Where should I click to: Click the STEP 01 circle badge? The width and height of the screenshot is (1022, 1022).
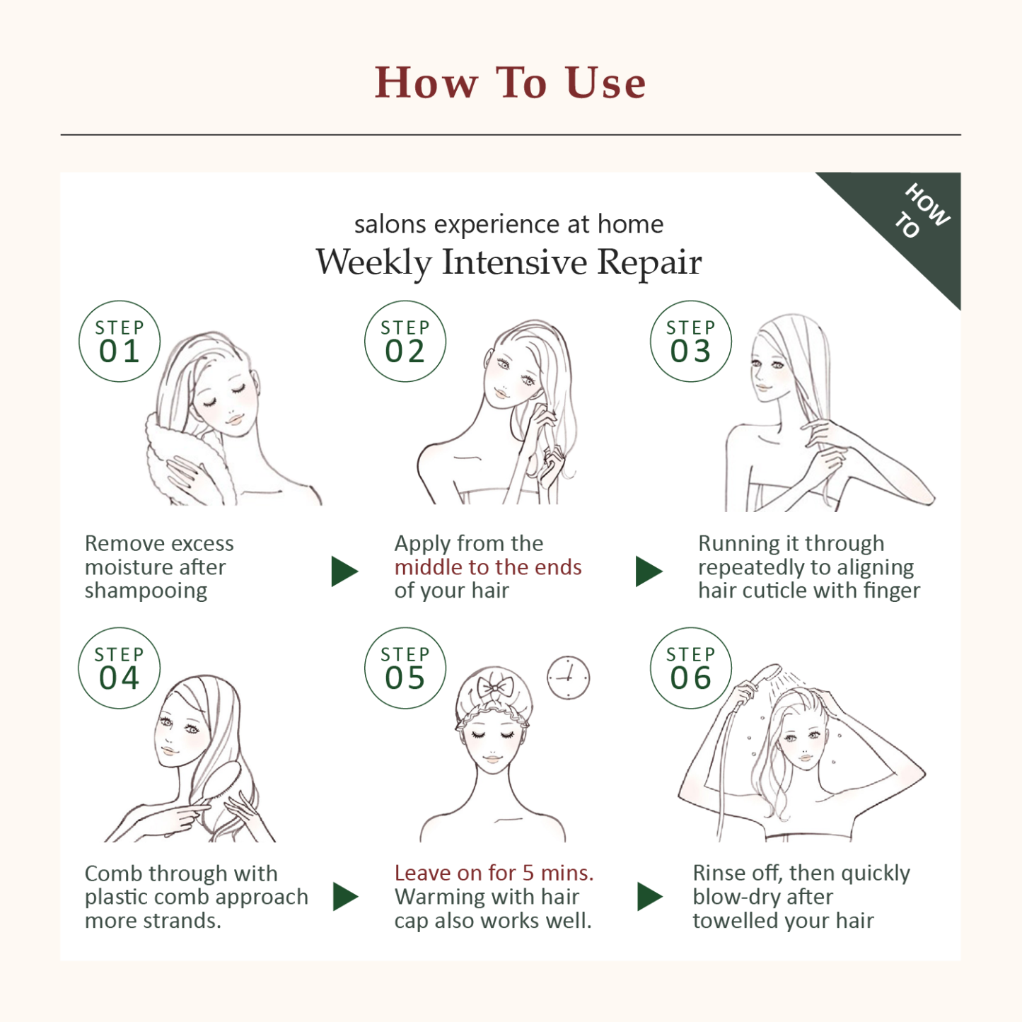[120, 341]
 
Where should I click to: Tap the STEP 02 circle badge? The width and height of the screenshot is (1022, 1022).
[405, 341]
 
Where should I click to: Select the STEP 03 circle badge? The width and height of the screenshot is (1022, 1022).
[690, 341]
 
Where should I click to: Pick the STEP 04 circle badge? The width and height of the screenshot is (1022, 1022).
[120, 668]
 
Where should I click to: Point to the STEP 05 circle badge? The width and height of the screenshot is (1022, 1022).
[405, 668]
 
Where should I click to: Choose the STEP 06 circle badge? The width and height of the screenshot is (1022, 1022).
[690, 668]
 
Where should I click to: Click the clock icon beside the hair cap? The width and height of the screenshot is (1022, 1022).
[568, 678]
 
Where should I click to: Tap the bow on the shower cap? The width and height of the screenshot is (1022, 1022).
[494, 688]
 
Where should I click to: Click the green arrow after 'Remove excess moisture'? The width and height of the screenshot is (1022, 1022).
[344, 571]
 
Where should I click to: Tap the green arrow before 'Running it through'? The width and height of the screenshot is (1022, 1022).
[649, 571]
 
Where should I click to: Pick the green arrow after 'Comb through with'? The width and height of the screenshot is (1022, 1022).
[346, 897]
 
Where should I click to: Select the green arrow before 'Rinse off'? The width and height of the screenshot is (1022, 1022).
[650, 897]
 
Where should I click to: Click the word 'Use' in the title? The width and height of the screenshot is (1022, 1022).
[605, 83]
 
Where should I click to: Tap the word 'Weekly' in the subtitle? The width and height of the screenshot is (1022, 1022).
[374, 262]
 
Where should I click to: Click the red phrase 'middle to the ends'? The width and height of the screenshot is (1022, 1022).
[488, 567]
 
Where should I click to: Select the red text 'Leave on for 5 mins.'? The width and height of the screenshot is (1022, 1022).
[494, 873]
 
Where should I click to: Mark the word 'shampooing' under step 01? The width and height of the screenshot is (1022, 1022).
[146, 591]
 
